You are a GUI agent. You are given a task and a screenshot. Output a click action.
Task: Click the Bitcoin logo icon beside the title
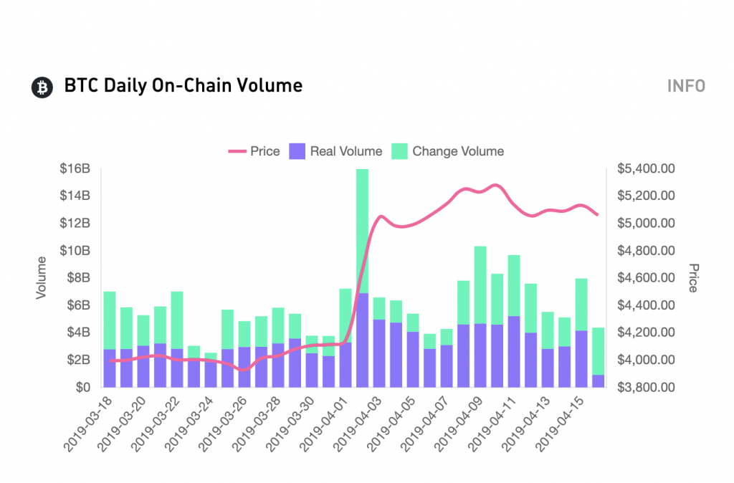click(42, 87)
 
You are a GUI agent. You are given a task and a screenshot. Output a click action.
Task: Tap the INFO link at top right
click(686, 86)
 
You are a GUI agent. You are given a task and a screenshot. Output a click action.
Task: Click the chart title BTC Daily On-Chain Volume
click(183, 86)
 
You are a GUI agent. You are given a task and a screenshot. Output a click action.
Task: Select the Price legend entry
click(254, 151)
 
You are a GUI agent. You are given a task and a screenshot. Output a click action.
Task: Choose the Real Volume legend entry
click(336, 151)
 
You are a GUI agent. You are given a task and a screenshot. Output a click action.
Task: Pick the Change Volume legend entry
click(448, 151)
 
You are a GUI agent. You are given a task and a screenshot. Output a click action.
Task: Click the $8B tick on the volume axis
click(77, 278)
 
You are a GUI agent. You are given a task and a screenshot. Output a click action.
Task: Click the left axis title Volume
click(42, 278)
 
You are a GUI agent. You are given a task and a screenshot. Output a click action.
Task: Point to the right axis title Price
click(693, 278)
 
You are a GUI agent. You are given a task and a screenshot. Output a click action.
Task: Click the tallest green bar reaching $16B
click(363, 229)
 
